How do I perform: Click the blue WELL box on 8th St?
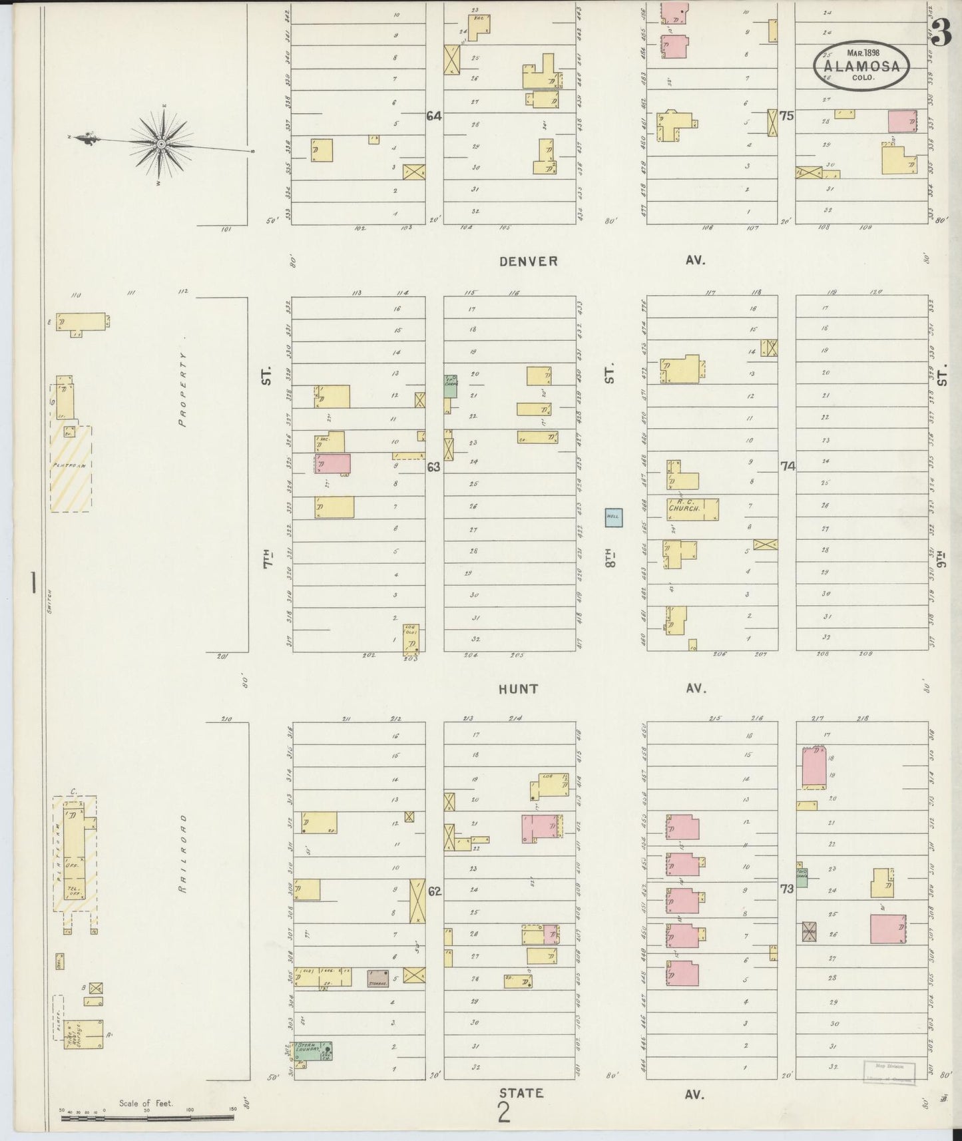tap(613, 517)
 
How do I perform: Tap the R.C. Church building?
tap(692, 509)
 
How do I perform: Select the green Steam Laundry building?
tap(314, 1050)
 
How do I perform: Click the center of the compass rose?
tap(161, 144)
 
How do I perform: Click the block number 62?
tap(434, 891)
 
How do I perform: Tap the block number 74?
tap(788, 467)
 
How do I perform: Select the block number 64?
tap(434, 116)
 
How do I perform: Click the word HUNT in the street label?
tap(518, 689)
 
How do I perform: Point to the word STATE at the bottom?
tap(521, 1092)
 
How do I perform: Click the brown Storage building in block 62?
tap(378, 978)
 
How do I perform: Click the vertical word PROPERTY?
tap(183, 389)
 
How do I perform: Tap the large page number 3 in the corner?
tap(941, 33)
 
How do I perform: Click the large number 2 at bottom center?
tap(504, 1112)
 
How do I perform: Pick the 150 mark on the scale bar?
tap(233, 1110)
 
